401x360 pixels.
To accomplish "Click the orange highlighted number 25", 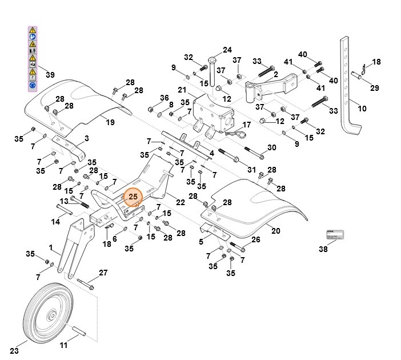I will pos(133,197).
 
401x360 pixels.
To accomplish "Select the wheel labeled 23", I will pos(51,315).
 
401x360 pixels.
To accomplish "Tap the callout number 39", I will pos(50,75).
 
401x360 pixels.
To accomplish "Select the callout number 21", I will pos(182,90).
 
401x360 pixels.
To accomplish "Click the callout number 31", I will pos(251,169).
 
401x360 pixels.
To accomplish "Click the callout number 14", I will pos(55,222).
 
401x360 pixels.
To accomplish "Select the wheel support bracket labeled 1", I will pos(73,251).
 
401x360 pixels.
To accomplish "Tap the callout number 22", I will pos(181,202).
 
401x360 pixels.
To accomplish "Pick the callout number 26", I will pos(255,240).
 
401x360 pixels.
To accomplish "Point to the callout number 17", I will pos(247,125).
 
